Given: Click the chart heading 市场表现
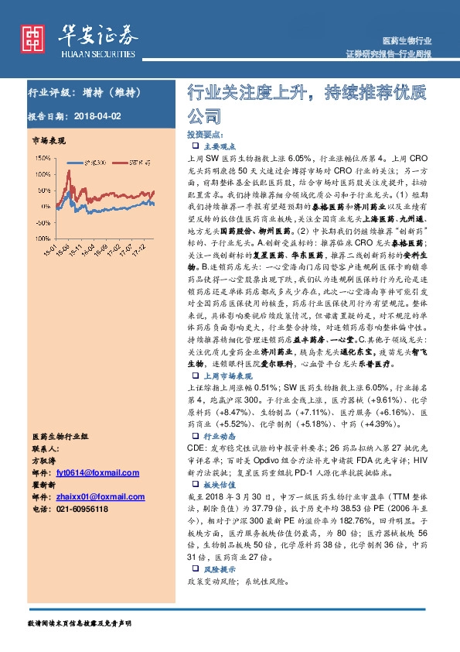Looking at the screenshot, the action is [x=48, y=141].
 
